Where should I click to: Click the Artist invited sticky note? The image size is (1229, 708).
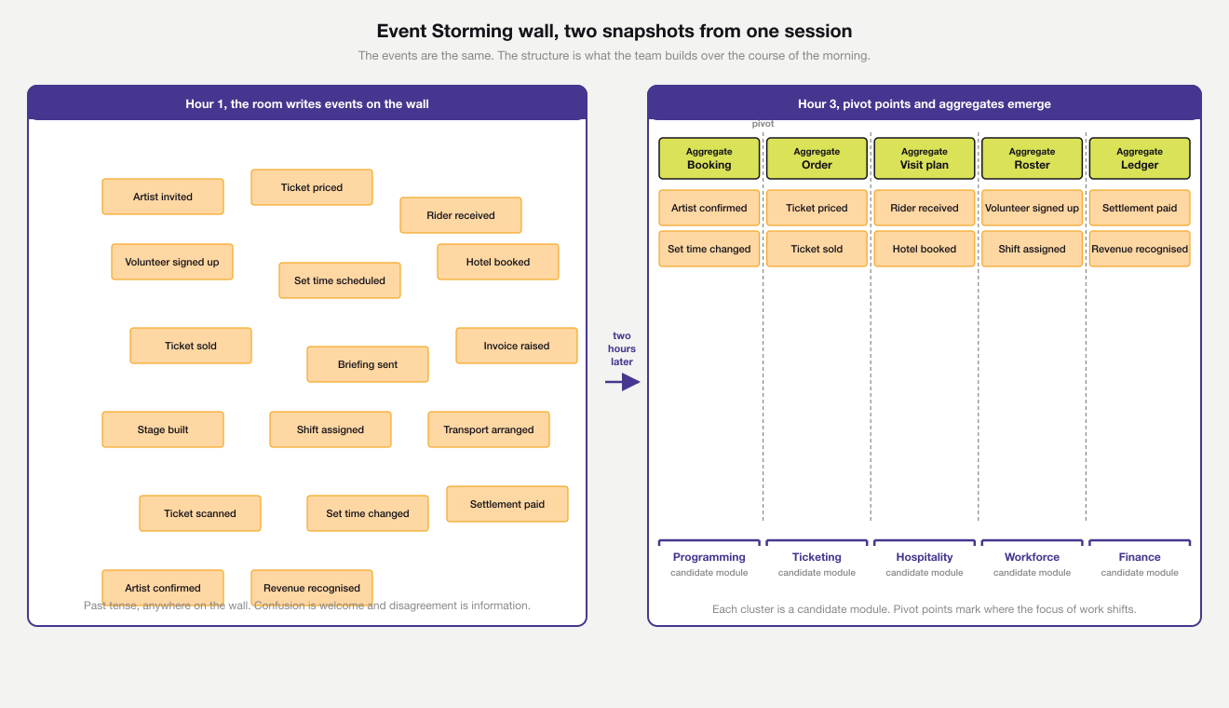click(x=163, y=197)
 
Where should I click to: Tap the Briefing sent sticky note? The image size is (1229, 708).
click(x=368, y=364)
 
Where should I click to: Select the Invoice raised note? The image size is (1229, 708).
click(x=517, y=346)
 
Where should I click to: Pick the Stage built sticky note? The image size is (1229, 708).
click(x=163, y=429)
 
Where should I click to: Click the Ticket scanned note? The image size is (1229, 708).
click(x=200, y=513)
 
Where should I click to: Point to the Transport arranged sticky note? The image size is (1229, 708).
click(x=489, y=429)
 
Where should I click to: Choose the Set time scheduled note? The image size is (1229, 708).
click(x=340, y=280)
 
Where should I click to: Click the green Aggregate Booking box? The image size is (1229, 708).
click(x=709, y=158)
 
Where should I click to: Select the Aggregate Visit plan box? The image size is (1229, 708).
click(x=925, y=158)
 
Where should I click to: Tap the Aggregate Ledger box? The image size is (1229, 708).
click(x=1140, y=158)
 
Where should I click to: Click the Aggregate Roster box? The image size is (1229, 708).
click(x=1032, y=158)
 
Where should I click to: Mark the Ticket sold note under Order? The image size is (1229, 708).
click(x=817, y=249)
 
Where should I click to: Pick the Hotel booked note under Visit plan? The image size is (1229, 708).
click(x=925, y=249)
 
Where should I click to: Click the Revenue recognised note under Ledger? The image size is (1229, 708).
click(x=1140, y=249)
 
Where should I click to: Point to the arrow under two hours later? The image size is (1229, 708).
click(x=622, y=381)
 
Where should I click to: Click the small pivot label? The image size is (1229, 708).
click(x=763, y=124)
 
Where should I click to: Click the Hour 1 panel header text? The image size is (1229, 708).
click(x=307, y=103)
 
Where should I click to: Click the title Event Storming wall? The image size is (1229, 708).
click(x=614, y=32)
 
